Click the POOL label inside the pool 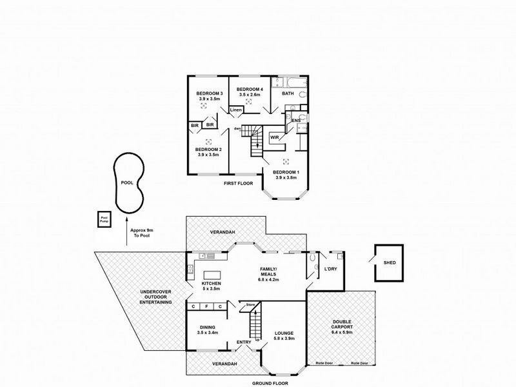tap(127, 183)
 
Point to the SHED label tap(389, 263)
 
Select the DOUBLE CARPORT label tap(342, 324)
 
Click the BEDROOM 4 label tap(250, 89)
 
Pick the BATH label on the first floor tap(288, 94)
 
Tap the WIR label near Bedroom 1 tap(273, 137)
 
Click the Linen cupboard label tap(236, 110)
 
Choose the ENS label tap(296, 121)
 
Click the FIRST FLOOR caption tap(236, 184)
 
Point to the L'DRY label tap(331, 268)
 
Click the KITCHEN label tap(211, 284)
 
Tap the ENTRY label tap(244, 342)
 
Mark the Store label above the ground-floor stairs tap(251, 304)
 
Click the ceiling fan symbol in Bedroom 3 tap(207, 108)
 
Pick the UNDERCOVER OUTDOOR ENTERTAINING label tap(156, 297)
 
